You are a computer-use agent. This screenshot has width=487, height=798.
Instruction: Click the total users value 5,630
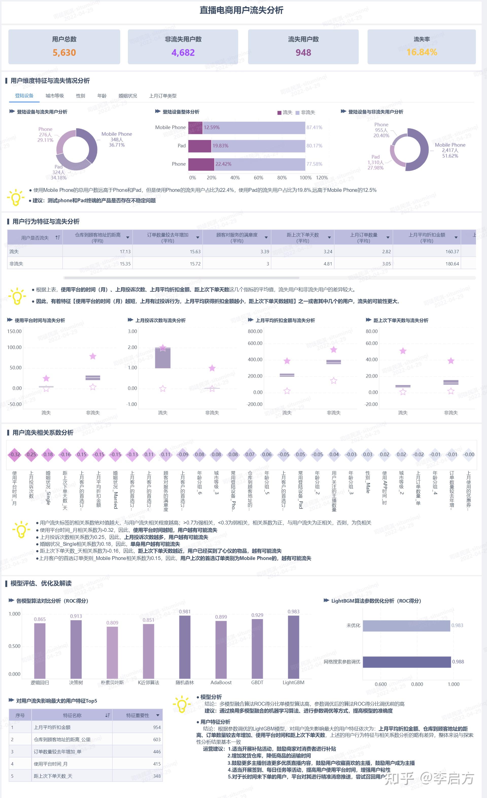click(64, 53)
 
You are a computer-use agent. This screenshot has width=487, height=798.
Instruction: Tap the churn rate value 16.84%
click(422, 52)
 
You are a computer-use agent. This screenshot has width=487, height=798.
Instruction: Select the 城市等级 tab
click(55, 96)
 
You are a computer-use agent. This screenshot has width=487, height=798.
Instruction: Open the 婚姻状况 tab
click(128, 96)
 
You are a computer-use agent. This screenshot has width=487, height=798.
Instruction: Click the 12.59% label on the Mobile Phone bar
click(212, 128)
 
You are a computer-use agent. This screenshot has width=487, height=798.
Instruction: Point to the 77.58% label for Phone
click(314, 164)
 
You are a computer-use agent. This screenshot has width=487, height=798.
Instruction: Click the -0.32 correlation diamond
click(14, 454)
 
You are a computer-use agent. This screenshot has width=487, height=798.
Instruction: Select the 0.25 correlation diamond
click(31, 454)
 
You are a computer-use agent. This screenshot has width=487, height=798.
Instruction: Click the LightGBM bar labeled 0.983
click(293, 648)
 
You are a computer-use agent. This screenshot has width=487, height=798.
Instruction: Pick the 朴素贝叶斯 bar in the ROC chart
click(112, 653)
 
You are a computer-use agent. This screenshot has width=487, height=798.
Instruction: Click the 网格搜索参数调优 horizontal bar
click(406, 662)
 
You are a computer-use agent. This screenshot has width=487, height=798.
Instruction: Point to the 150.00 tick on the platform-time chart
click(14, 331)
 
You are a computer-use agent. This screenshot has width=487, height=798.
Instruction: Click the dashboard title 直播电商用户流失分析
click(241, 10)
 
